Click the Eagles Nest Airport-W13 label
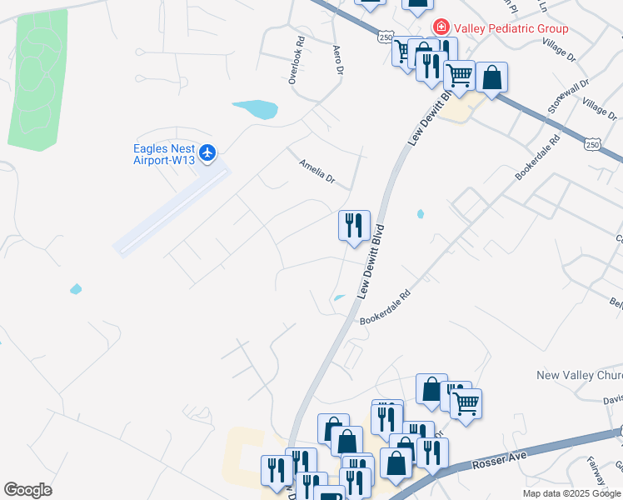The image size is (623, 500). [164, 154]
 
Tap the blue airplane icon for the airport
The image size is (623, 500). [207, 152]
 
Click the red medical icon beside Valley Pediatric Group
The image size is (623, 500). [440, 28]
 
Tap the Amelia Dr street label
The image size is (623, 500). [316, 173]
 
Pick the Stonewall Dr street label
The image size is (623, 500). [569, 96]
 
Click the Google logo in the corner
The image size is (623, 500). [27, 490]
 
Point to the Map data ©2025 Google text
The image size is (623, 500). [571, 493]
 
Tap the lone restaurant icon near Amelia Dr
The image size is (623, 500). [354, 226]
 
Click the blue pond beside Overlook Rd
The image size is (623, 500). [256, 108]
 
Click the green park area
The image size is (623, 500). [37, 79]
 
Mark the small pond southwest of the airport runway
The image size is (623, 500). [76, 289]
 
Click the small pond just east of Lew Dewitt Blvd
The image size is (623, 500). [421, 214]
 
